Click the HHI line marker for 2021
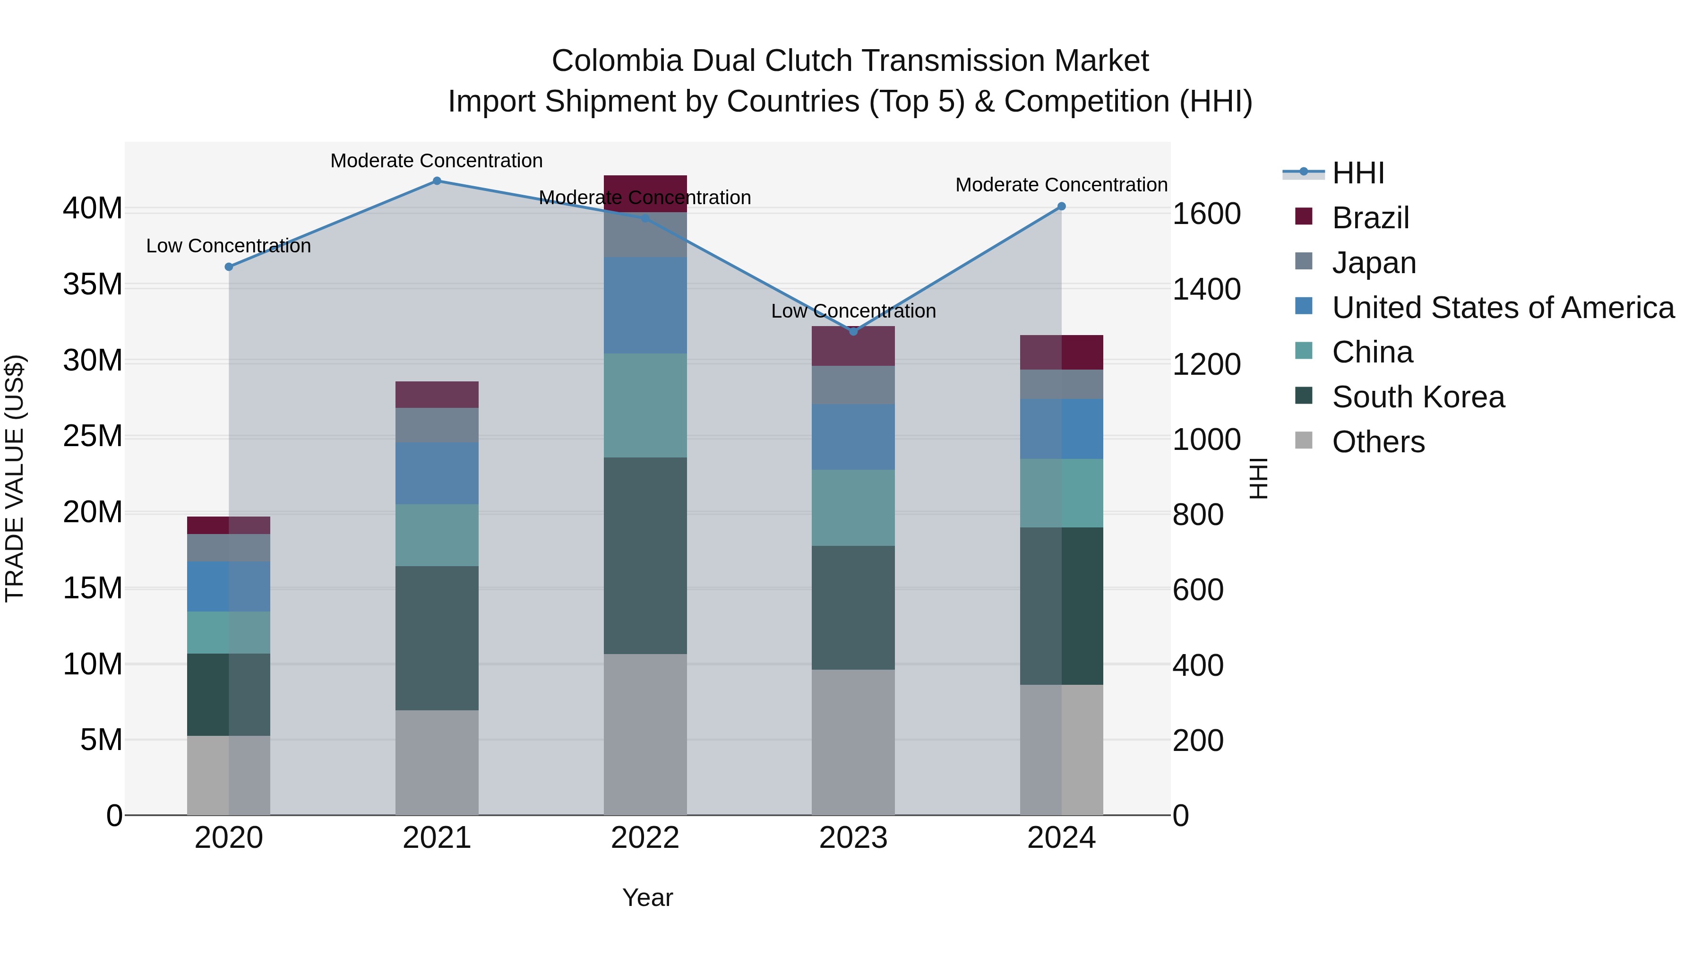point(437,181)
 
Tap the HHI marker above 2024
point(1061,207)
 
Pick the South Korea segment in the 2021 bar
point(437,638)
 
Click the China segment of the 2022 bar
point(645,405)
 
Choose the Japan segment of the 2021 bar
point(437,425)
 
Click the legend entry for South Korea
point(1417,397)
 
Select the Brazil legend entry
point(1370,218)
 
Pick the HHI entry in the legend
point(1357,173)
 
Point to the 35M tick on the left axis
point(93,285)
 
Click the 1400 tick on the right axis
point(1206,289)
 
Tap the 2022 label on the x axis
point(644,838)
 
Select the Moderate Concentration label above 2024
point(1061,185)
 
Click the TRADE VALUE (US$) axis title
point(15,478)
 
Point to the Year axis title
point(647,897)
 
